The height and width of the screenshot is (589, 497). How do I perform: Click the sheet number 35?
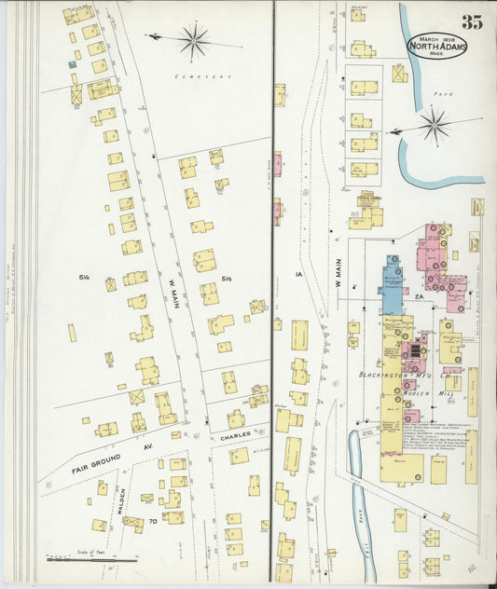pyautogui.click(x=472, y=22)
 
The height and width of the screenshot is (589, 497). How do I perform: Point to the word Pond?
pyautogui.click(x=443, y=94)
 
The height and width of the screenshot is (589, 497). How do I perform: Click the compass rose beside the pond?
pyautogui.click(x=434, y=124)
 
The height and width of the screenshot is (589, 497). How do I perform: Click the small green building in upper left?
pyautogui.click(x=72, y=64)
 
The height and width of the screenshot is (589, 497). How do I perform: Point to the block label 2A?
pyautogui.click(x=420, y=297)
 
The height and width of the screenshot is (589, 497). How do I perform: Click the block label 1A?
pyautogui.click(x=299, y=274)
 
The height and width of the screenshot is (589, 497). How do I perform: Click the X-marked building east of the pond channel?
pyautogui.click(x=400, y=73)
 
